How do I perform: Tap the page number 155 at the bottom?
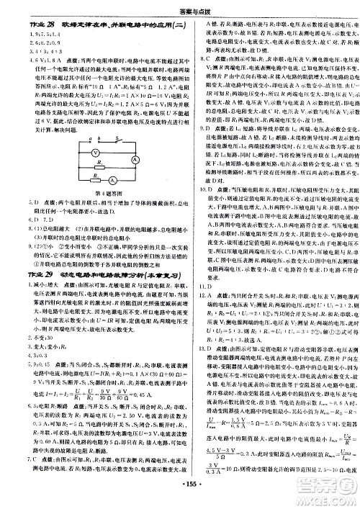coord(180,499)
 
